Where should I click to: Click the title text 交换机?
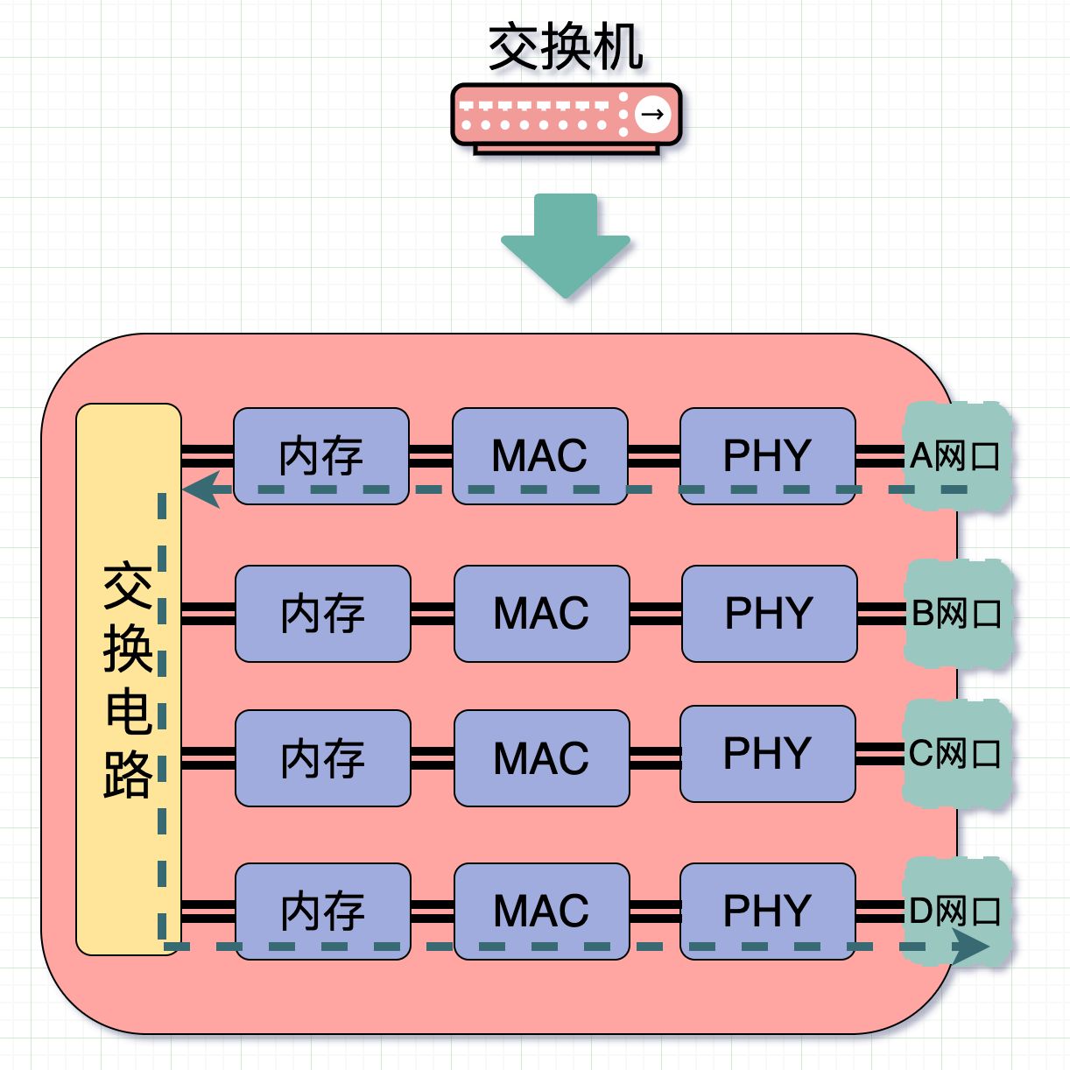tap(566, 47)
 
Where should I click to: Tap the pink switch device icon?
tap(567, 118)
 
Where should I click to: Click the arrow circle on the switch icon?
tap(652, 115)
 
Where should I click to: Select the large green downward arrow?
tap(566, 246)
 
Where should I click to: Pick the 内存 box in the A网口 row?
tap(321, 456)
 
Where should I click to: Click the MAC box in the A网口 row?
tap(539, 456)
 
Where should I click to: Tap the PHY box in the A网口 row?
tap(767, 456)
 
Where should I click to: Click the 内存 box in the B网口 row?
tap(323, 614)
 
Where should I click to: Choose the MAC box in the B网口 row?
tap(542, 614)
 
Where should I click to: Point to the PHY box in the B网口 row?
tap(770, 614)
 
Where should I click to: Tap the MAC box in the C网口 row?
tap(542, 758)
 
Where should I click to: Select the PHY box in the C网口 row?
tap(767, 754)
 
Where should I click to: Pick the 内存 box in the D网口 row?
tap(323, 912)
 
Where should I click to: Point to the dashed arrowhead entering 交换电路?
tap(201, 489)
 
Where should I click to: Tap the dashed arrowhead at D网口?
tap(970, 947)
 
